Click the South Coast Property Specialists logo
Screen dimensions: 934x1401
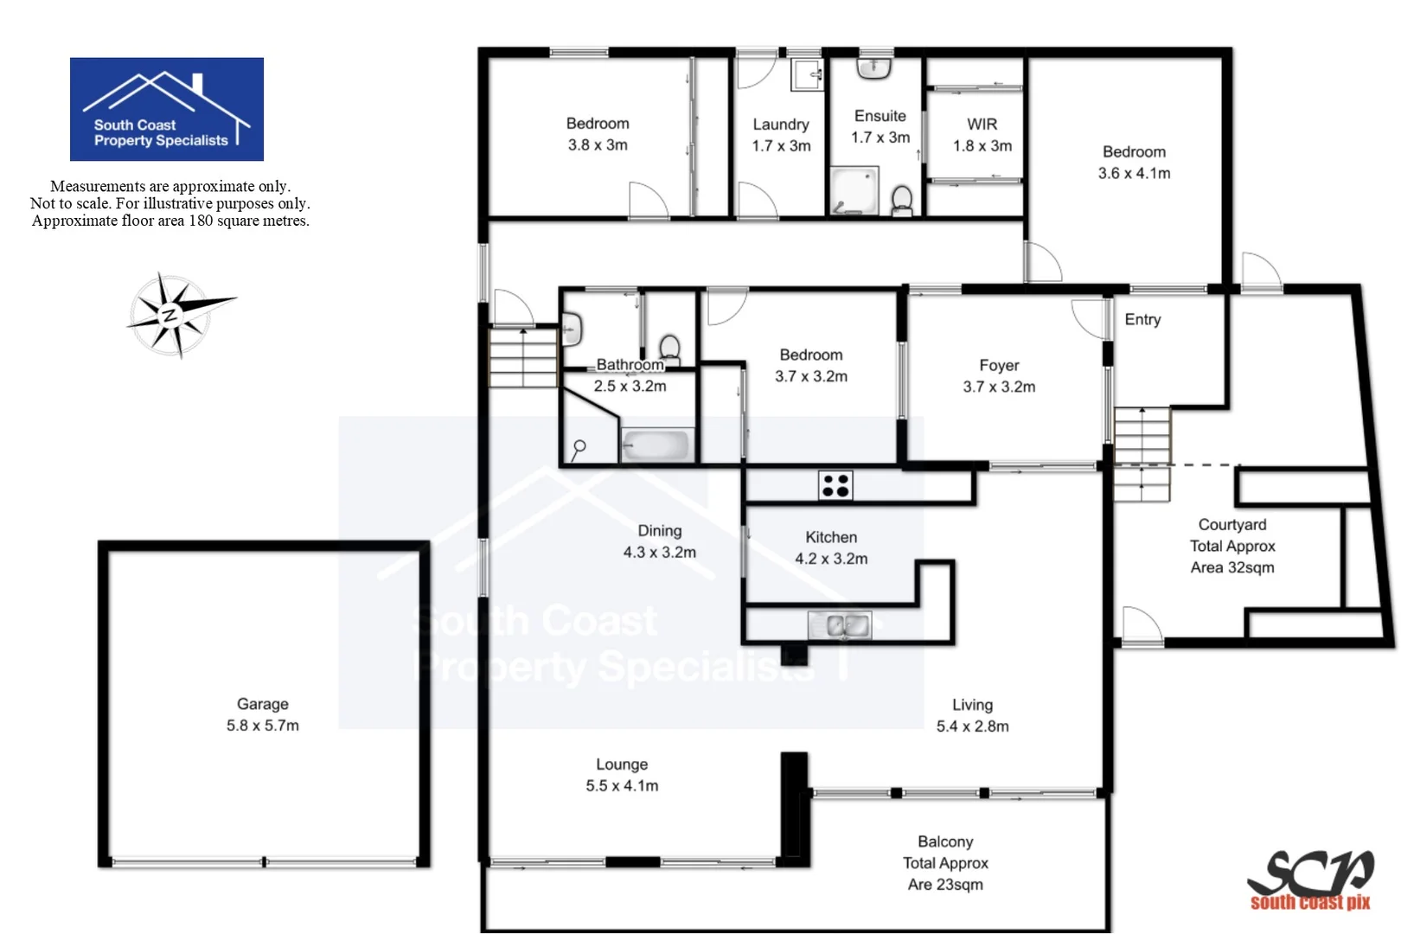pyautogui.click(x=166, y=109)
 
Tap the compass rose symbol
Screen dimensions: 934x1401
pyautogui.click(x=177, y=315)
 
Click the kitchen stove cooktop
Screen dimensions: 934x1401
pyautogui.click(x=835, y=485)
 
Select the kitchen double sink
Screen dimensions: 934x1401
pyautogui.click(x=839, y=624)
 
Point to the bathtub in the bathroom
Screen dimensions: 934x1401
pyautogui.click(x=656, y=445)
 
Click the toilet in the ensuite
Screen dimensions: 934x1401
pyautogui.click(x=901, y=200)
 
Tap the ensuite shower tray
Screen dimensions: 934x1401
pyautogui.click(x=853, y=191)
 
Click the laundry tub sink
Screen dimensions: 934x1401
pyautogui.click(x=808, y=74)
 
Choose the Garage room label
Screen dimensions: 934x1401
pyautogui.click(x=263, y=704)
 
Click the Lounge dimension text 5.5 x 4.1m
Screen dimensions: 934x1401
pyautogui.click(x=622, y=785)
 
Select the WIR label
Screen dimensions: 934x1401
pyautogui.click(x=982, y=125)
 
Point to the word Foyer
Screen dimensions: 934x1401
pyautogui.click(x=999, y=365)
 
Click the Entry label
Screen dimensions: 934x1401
pyautogui.click(x=1142, y=319)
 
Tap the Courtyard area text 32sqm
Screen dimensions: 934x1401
pyautogui.click(x=1232, y=567)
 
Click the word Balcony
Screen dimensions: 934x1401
pyautogui.click(x=945, y=841)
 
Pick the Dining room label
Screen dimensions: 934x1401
pyautogui.click(x=660, y=530)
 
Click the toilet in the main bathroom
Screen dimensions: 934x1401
pyautogui.click(x=669, y=348)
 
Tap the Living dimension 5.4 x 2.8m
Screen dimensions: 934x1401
pyautogui.click(x=972, y=726)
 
